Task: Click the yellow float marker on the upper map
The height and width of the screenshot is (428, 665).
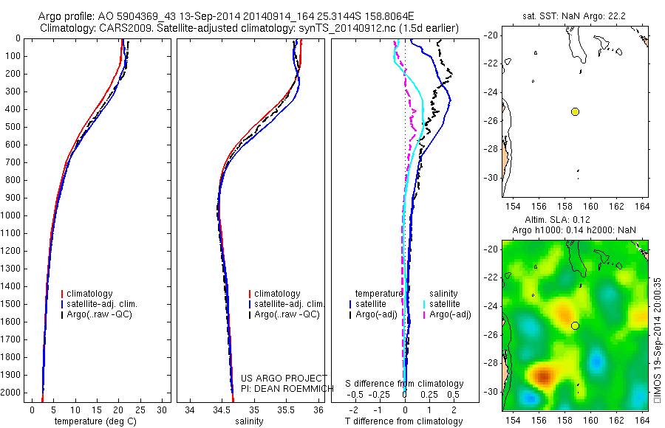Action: point(575,111)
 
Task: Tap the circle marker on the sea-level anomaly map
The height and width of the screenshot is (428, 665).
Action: point(575,325)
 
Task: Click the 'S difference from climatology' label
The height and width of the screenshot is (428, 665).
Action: point(404,384)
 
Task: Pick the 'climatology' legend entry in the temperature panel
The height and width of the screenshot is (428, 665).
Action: point(90,294)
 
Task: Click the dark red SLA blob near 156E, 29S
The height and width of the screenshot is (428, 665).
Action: point(545,376)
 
